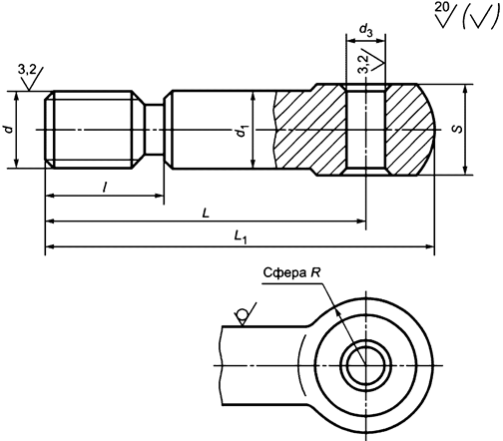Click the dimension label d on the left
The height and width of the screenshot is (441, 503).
(9, 130)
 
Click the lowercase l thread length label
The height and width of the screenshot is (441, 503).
(106, 187)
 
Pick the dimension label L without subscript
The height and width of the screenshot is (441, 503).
(206, 212)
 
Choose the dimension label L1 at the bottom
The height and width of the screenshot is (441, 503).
(240, 236)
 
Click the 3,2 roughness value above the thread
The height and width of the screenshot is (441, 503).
(27, 68)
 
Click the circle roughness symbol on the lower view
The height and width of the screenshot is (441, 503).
(242, 317)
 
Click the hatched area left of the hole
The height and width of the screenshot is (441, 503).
(309, 131)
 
